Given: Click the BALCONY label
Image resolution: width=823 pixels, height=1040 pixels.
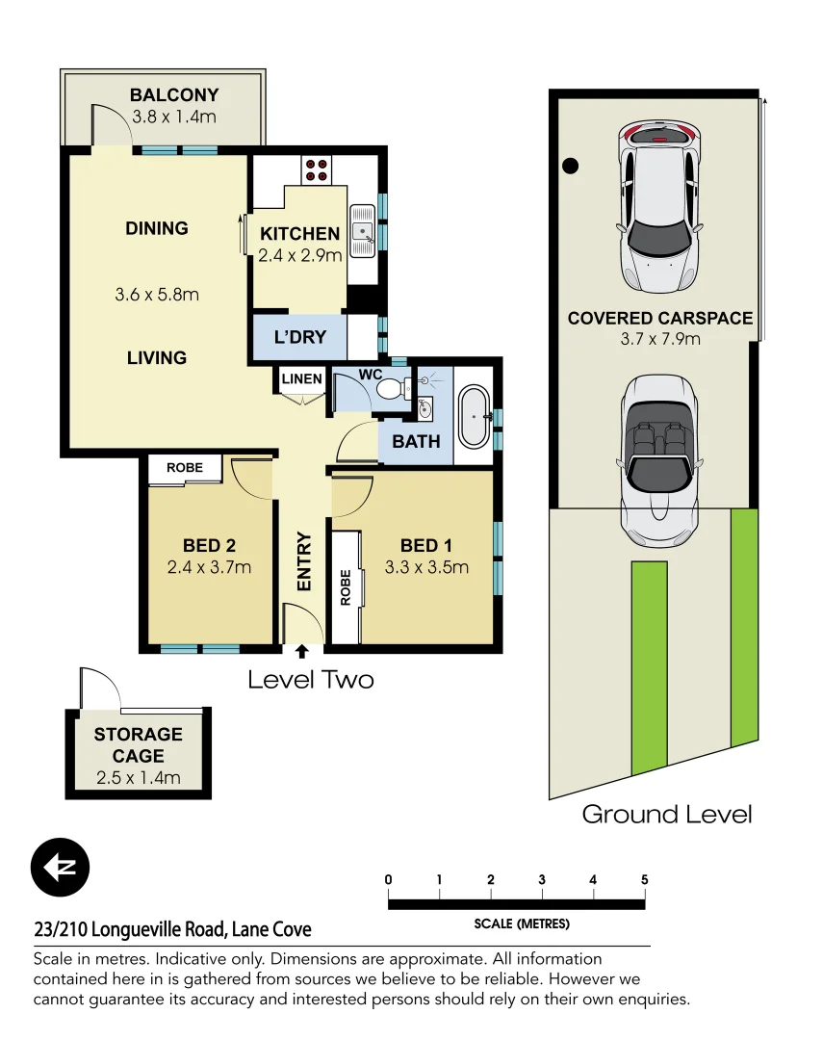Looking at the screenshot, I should coord(174,95).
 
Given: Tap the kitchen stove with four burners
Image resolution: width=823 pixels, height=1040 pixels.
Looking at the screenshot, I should coord(316,169).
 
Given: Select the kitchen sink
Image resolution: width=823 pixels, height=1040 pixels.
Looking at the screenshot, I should coord(362,232).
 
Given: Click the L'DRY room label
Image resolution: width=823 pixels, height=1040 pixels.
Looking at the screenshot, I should coord(300,337).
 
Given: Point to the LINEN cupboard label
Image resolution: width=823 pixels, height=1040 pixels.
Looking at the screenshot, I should coord(301,378).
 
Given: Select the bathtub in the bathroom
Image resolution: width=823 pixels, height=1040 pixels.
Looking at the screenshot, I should coord(474,416).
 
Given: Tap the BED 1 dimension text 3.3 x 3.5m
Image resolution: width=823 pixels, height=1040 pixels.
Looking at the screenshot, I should coord(426,567).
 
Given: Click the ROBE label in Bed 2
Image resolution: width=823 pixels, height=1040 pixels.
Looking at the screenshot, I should coord(185,468).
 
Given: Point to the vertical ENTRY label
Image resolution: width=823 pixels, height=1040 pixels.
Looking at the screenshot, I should coord(304,560).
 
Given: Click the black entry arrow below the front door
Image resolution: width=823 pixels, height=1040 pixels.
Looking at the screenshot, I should coord(302,652).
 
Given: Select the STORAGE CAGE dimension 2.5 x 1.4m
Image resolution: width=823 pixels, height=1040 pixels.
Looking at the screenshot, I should coord(138,778).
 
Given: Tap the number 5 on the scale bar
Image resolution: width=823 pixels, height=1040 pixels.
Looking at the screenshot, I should coord(644,879).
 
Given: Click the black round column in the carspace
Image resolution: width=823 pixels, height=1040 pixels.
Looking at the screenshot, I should coord(571,166).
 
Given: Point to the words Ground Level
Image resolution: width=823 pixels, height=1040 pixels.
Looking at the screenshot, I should coord(666,814).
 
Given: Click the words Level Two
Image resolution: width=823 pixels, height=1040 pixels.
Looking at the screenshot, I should coord(310,679).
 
